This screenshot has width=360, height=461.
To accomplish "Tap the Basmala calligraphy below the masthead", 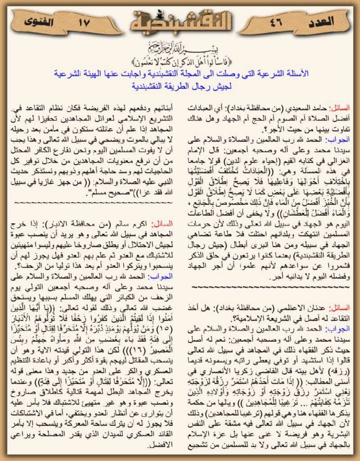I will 180,49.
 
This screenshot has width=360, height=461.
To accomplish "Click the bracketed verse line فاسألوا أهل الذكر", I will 180,61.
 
